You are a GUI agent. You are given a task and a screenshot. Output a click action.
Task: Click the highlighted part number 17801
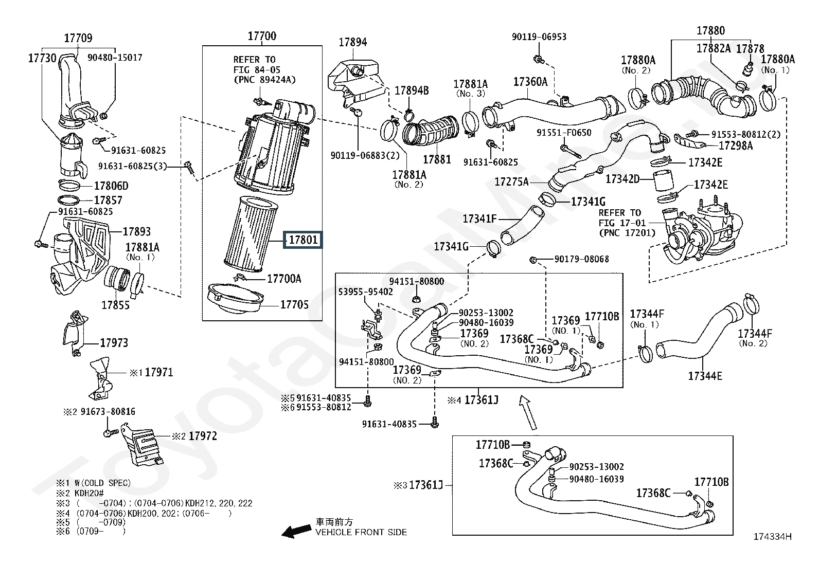(x=303, y=240)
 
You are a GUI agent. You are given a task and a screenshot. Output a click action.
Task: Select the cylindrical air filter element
(x=251, y=234)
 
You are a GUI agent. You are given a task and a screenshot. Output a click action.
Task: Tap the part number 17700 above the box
(x=262, y=36)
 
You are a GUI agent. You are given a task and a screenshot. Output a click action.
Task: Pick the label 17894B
(x=412, y=90)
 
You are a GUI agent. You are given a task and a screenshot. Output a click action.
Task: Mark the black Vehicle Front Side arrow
(x=296, y=531)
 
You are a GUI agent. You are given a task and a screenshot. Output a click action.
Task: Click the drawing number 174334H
(x=773, y=537)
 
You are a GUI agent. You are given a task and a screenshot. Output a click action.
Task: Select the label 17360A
(x=530, y=82)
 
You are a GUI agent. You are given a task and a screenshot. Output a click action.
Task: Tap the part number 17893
(x=136, y=231)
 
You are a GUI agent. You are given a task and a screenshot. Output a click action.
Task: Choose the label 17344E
(x=705, y=376)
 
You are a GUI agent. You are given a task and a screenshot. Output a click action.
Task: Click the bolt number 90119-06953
(x=539, y=37)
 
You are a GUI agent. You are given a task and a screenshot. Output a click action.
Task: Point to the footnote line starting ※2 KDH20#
(x=80, y=493)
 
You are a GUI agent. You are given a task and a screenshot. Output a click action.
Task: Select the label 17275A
(x=511, y=181)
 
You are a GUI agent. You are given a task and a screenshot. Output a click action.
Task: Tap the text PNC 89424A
(x=264, y=80)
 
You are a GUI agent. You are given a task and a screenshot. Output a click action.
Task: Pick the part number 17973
(x=114, y=343)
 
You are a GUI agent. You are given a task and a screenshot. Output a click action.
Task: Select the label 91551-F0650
(x=564, y=133)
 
